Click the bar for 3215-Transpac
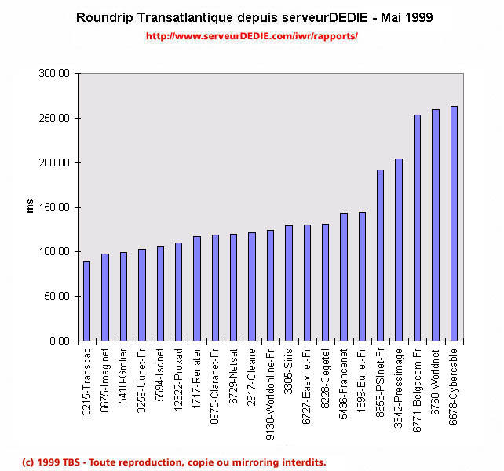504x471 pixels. pos(86,301)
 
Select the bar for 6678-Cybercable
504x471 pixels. pos(454,224)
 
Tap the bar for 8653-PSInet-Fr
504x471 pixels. pos(381,255)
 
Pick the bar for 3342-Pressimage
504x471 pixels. pos(399,250)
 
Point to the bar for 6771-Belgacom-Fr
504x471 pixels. pos(417,228)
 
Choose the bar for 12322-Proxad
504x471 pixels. pos(178,292)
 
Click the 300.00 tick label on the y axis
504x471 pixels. pos(55,74)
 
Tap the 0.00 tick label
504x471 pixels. pos(60,341)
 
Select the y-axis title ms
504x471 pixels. pos(31,207)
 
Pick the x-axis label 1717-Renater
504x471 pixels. pos(197,381)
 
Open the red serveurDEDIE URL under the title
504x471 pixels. pos(251,36)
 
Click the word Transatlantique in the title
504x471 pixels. pos(186,16)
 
